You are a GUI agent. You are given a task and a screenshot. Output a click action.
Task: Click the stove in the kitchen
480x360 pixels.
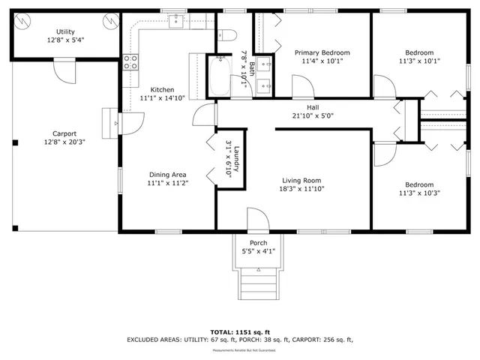click(x=130, y=62)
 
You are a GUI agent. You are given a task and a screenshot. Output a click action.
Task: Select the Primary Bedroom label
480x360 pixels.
click(x=322, y=52)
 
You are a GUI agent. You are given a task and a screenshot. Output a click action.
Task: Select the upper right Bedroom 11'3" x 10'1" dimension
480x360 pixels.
click(x=419, y=62)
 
